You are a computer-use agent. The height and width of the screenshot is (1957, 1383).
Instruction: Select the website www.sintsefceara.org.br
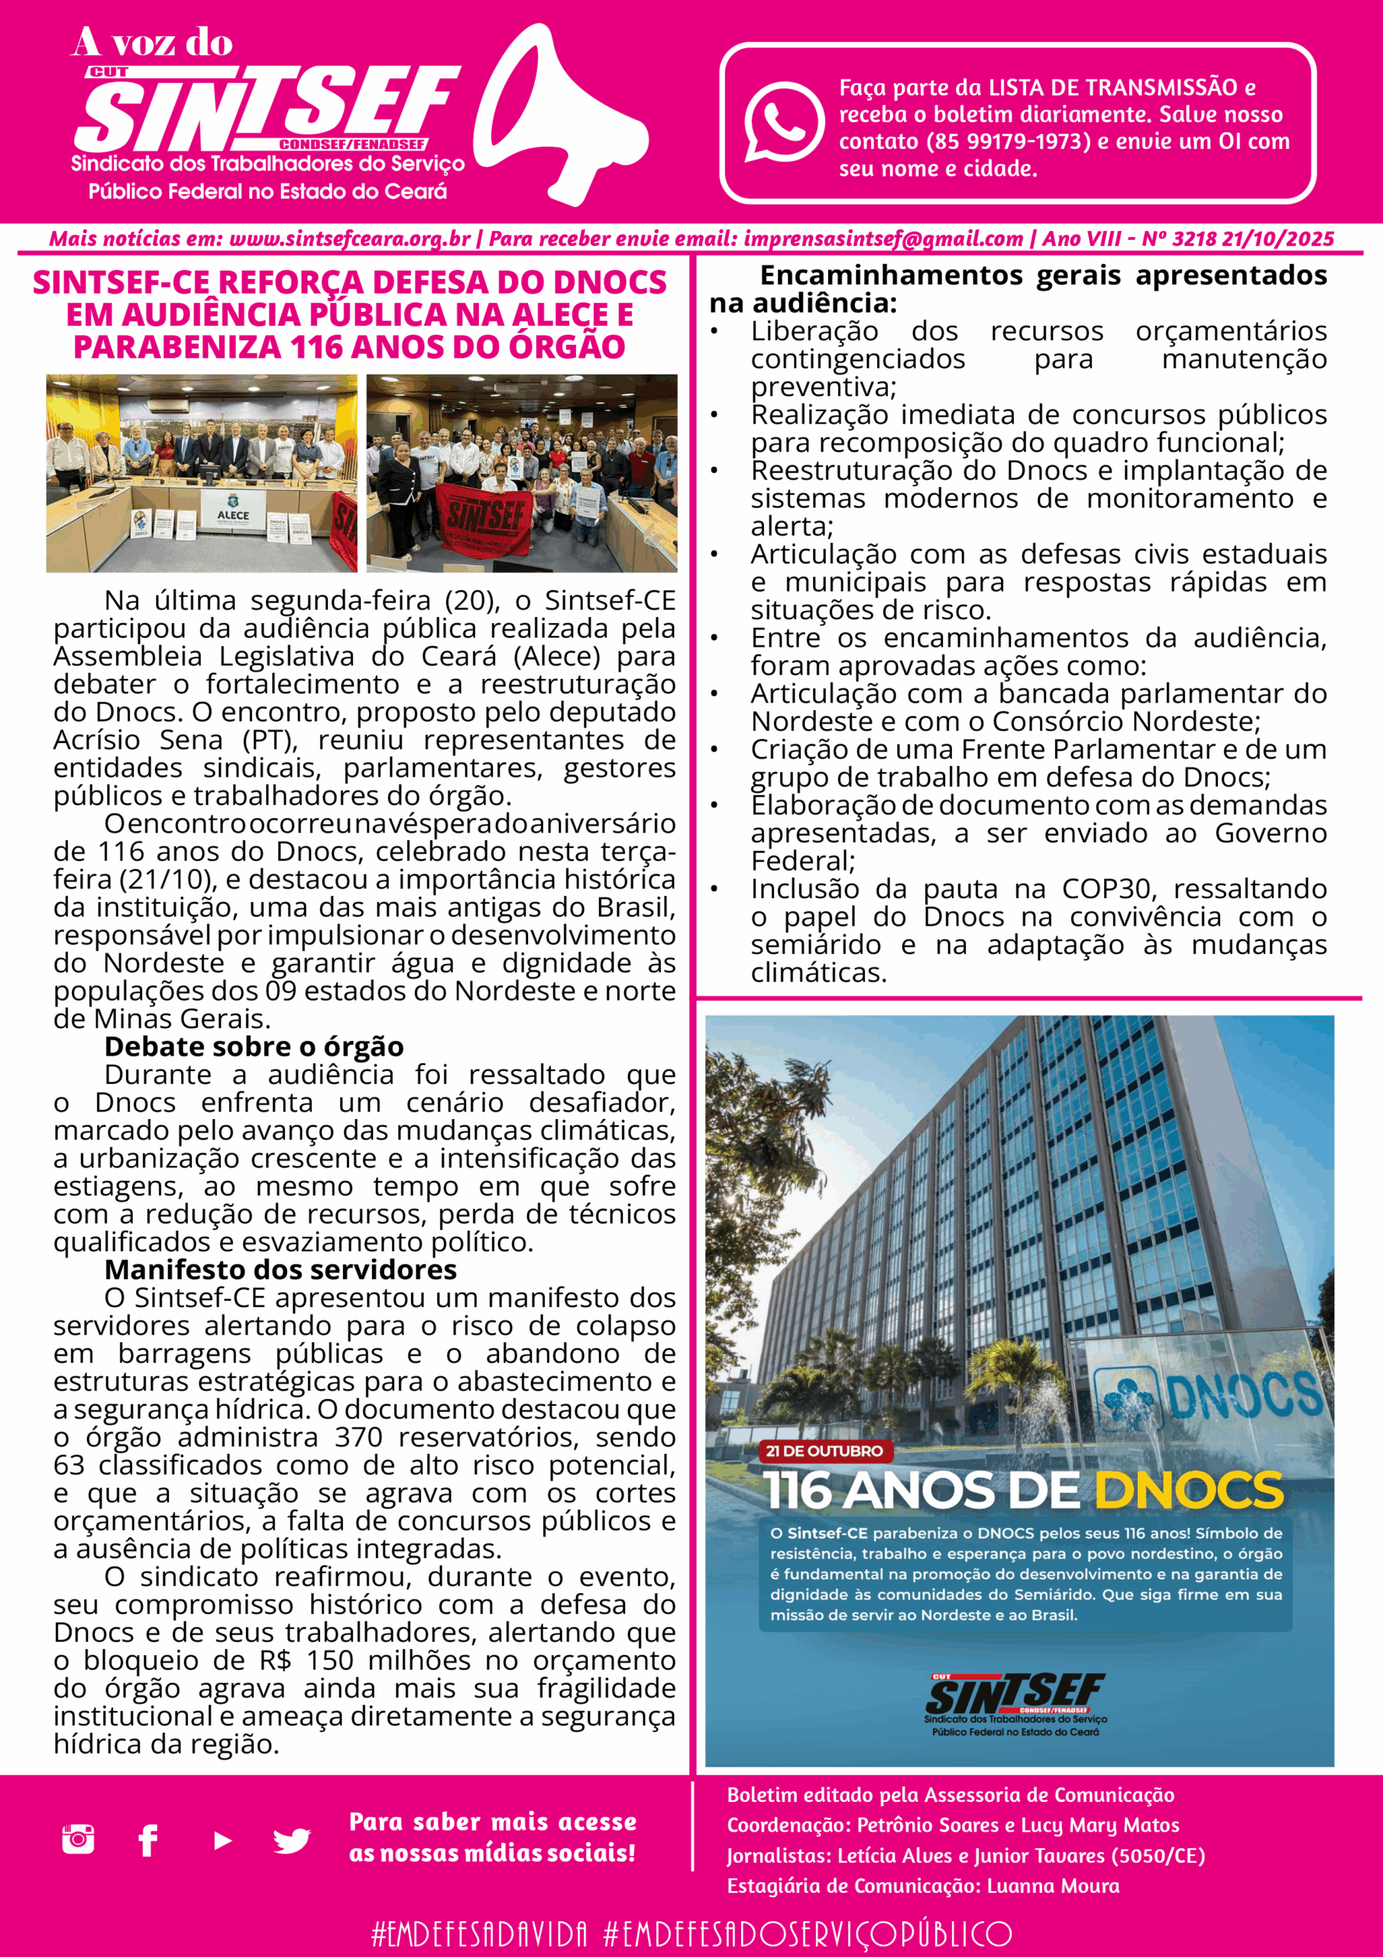349,239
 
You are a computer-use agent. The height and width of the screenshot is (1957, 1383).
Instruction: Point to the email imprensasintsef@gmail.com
883,239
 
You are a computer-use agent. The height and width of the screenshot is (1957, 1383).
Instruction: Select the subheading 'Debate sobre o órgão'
254,1047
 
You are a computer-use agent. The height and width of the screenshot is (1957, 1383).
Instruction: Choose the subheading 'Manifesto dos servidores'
280,1270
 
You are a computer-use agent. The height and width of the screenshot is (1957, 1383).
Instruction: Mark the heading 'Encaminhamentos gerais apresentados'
1043,276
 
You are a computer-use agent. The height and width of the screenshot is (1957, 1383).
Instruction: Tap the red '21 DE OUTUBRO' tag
823,1452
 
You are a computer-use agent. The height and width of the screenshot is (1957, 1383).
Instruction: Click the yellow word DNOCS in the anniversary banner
1188,1490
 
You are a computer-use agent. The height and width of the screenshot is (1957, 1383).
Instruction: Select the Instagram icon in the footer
79,1839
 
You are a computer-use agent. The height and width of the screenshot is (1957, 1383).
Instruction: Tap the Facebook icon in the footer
148,1840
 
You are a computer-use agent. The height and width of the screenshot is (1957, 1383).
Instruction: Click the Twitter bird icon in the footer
291,1841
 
